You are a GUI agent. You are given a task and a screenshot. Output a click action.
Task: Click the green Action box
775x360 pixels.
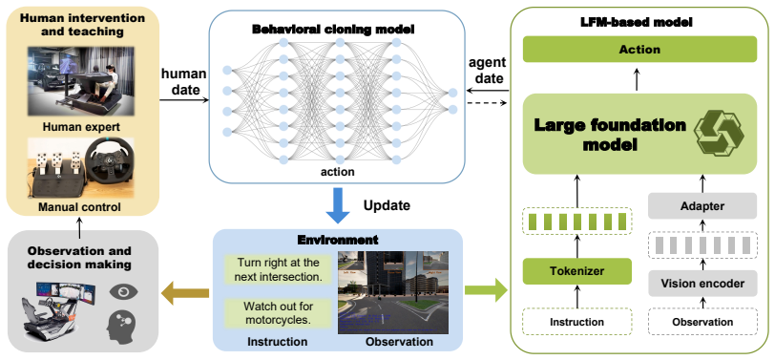tap(639, 50)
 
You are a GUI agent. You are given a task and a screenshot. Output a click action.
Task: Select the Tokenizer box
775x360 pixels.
tap(576, 271)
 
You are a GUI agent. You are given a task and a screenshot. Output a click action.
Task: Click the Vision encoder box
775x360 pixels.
tap(702, 284)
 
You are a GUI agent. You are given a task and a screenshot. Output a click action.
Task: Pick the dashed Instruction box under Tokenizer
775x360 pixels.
tap(576, 322)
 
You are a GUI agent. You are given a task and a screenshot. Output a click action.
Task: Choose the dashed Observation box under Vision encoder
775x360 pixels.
tap(702, 322)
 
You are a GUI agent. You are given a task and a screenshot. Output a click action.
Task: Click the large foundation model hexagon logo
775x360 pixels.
tap(720, 133)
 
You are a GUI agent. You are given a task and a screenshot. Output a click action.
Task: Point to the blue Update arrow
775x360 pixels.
tap(338, 205)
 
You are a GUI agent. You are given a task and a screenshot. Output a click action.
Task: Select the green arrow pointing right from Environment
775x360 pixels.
tap(487, 289)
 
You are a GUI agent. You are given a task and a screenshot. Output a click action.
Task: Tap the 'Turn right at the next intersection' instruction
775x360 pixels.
tap(278, 269)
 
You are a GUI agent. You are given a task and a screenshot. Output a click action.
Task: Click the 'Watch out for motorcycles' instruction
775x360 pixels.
tap(278, 313)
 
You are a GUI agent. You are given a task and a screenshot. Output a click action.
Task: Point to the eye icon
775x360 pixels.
tap(123, 291)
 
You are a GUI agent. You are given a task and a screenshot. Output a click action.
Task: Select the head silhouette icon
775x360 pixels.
tap(122, 328)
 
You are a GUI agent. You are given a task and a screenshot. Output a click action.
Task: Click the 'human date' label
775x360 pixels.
tap(183, 82)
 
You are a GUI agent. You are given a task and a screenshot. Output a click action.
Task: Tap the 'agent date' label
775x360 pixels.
tap(487, 71)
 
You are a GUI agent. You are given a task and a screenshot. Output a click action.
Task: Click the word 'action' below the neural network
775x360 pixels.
tap(338, 172)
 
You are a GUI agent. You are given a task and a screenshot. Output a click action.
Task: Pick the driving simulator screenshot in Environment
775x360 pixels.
tap(393, 292)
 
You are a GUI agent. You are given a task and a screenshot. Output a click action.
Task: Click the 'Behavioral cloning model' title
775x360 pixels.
tap(334, 30)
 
